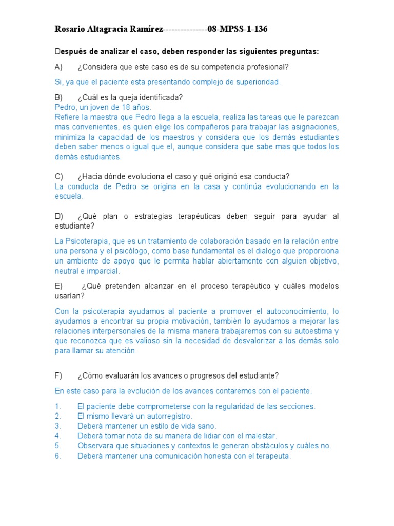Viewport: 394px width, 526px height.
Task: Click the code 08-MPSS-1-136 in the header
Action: pos(237,29)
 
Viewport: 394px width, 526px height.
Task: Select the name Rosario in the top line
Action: pos(70,29)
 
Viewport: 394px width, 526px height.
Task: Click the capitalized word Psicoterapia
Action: pos(88,241)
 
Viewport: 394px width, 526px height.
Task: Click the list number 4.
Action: pos(58,436)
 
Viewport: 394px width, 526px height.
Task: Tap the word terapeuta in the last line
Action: pos(270,456)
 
